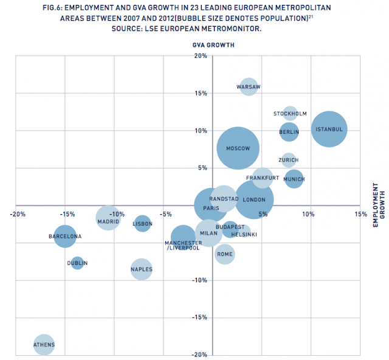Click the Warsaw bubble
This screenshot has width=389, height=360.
pos(248,88)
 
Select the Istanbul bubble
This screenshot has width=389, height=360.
pos(329,129)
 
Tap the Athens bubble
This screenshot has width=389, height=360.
pos(44,345)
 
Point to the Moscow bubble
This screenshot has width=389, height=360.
pos(238,148)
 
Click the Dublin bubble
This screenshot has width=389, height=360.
pos(77,263)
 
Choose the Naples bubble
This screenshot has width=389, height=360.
pos(141,269)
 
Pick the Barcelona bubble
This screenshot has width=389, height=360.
pos(65,236)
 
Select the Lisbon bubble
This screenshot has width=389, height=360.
pos(142,224)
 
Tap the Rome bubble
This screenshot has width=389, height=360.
pos(225,254)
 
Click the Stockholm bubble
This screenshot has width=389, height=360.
pos(290,114)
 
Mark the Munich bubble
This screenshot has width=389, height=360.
pos(294,179)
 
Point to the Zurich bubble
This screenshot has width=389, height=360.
pos(289,160)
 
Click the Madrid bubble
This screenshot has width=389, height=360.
pos(109,216)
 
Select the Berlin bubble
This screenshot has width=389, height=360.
pos(289,131)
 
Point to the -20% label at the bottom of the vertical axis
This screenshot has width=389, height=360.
pos(201,354)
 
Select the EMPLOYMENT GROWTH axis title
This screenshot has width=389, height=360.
pos(375,207)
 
